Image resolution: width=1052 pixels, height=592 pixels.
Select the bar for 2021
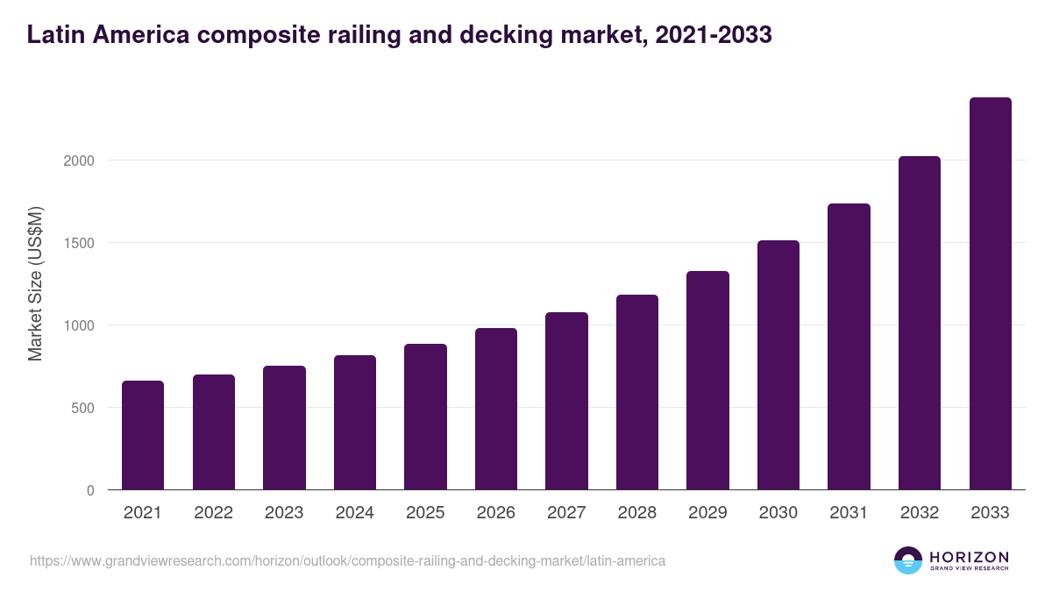[x=143, y=435]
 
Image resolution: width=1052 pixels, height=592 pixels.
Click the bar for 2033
[x=990, y=294]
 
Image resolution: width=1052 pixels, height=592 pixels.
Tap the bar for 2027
[x=566, y=401]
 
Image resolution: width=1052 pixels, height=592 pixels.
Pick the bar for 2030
[x=778, y=365]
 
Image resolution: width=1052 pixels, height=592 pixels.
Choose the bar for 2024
[x=355, y=423]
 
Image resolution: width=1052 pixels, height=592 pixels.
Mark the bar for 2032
[x=920, y=323]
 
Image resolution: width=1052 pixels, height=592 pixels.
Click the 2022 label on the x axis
[x=214, y=513]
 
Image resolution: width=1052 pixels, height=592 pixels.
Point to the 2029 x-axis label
[x=707, y=513]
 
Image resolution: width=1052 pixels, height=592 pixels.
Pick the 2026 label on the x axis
[x=496, y=513]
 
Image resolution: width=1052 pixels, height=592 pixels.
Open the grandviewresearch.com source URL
[x=347, y=560]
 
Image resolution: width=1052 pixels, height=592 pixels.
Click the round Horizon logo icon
[x=908, y=560]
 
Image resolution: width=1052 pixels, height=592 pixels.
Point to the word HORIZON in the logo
[x=969, y=557]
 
